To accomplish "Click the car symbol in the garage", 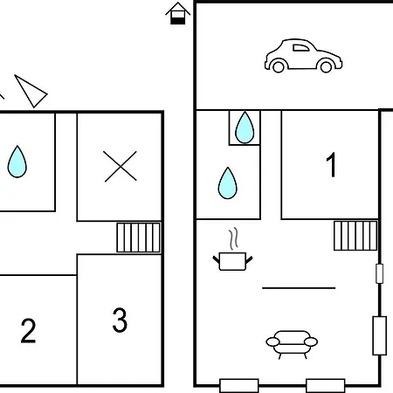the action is pyautogui.click(x=303, y=56).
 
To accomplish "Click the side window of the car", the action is pyautogui.click(x=300, y=48).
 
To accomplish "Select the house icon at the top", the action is pyautogui.click(x=177, y=13).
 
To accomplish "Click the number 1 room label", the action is pyautogui.click(x=331, y=164).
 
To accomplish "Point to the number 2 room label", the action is pyautogui.click(x=28, y=331).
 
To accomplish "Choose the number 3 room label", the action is pyautogui.click(x=120, y=320).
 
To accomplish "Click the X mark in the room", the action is pyautogui.click(x=121, y=167).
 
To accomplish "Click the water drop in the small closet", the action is pyautogui.click(x=245, y=128).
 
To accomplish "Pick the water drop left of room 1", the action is pyautogui.click(x=228, y=183).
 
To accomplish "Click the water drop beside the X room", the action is pyautogui.click(x=17, y=162).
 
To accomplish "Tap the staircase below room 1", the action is pyautogui.click(x=355, y=236).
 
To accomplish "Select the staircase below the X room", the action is pyautogui.click(x=139, y=238).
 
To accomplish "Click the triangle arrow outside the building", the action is pyautogui.click(x=31, y=91).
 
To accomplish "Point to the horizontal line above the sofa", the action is pyautogui.click(x=299, y=288).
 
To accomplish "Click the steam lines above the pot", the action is pyautogui.click(x=233, y=238).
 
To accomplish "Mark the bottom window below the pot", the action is pyautogui.click(x=239, y=386).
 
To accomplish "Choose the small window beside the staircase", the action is pyautogui.click(x=379, y=273).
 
